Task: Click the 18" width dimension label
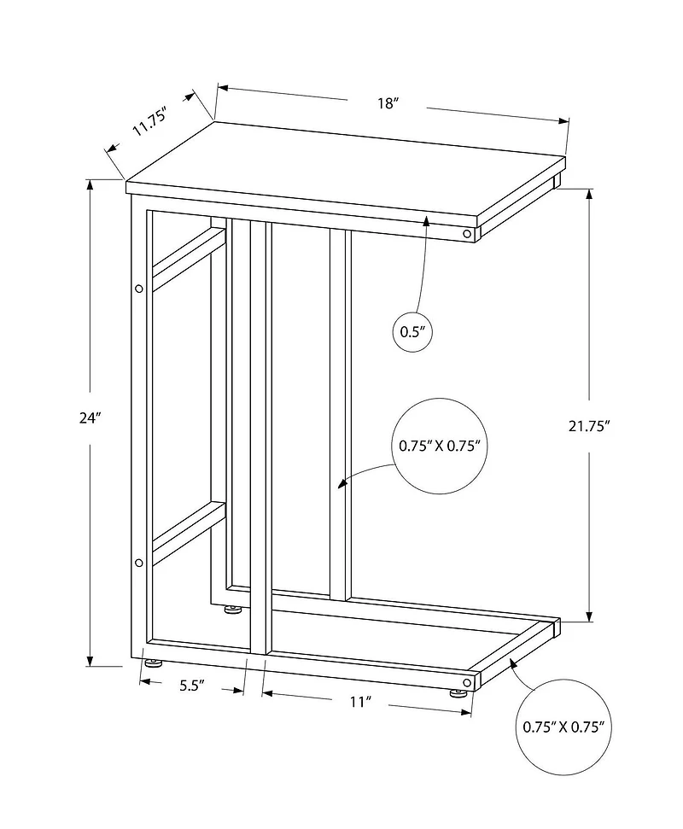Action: tap(388, 102)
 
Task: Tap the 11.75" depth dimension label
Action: tap(149, 121)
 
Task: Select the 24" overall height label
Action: tap(90, 418)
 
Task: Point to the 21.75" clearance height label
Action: tap(589, 426)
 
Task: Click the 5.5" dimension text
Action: tap(192, 686)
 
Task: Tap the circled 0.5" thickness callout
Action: tap(413, 332)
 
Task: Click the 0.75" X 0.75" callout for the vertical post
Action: tap(439, 447)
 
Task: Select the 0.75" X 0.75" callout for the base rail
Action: tap(563, 727)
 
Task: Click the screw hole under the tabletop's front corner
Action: tap(467, 233)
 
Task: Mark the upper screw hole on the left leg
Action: tap(139, 289)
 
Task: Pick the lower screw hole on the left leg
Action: tap(139, 562)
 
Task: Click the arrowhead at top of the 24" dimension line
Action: tap(90, 185)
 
